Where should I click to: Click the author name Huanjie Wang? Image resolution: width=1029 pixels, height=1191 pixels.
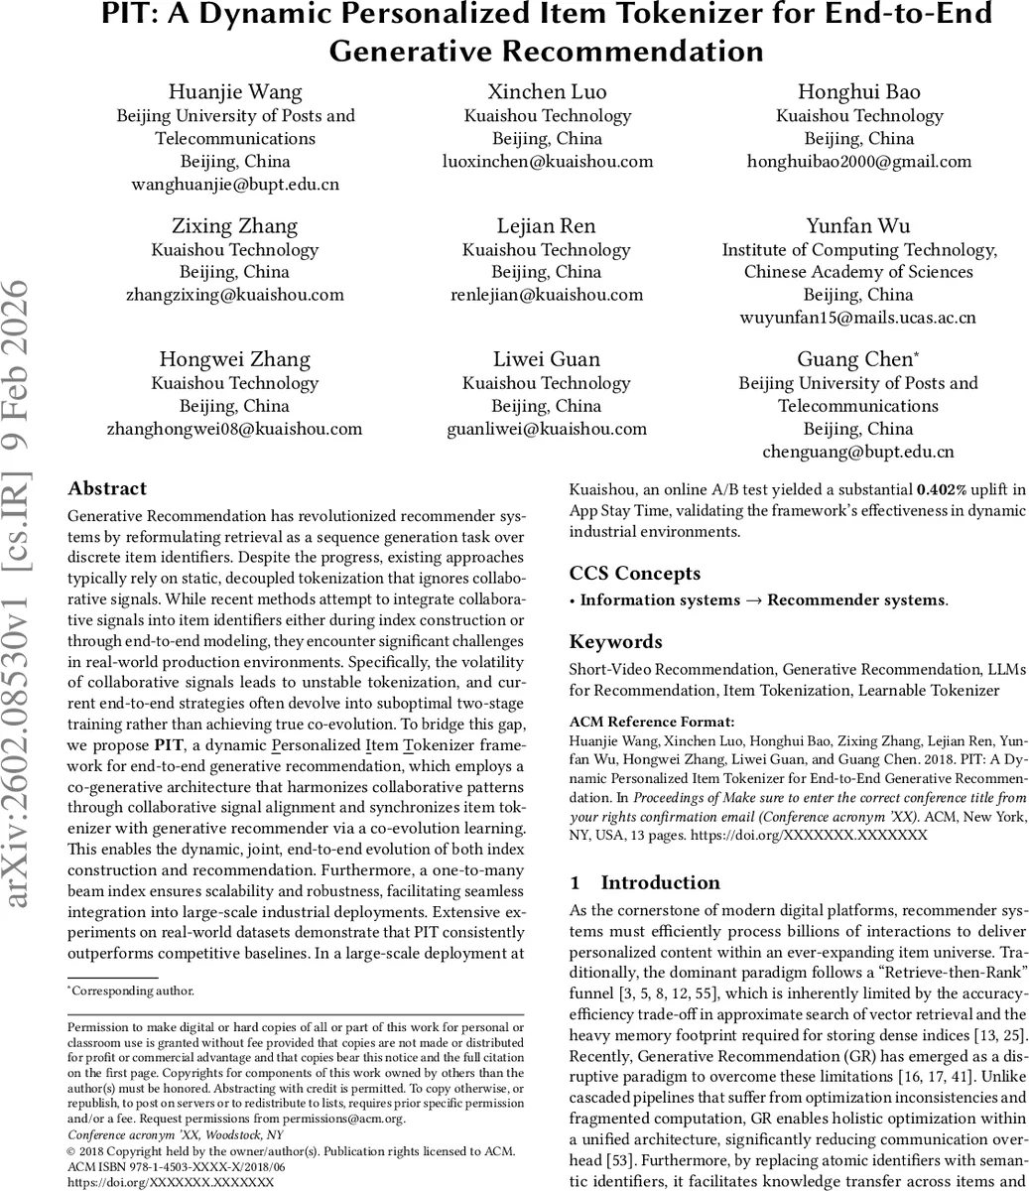(x=235, y=92)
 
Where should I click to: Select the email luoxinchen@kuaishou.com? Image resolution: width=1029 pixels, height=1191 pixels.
(x=547, y=161)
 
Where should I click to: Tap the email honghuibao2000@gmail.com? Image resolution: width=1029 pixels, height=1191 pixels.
(x=859, y=161)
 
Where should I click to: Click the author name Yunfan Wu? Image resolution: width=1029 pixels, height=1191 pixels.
(x=859, y=225)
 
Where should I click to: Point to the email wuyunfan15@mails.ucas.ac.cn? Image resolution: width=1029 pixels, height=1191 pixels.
(x=859, y=318)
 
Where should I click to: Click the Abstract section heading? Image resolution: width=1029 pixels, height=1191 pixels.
(x=106, y=488)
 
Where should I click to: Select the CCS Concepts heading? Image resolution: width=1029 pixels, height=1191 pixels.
(x=634, y=574)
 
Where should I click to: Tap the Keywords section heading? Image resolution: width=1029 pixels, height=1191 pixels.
(x=615, y=642)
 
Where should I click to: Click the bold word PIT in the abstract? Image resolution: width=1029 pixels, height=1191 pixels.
(x=168, y=745)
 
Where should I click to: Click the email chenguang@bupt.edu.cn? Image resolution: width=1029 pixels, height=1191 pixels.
(x=859, y=452)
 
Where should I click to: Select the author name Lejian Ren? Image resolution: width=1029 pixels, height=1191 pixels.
(x=547, y=225)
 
